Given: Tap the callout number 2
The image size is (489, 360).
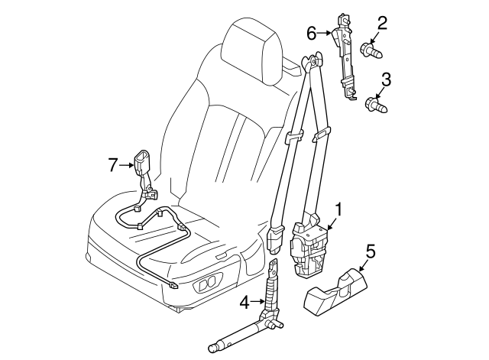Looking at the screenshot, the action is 382,24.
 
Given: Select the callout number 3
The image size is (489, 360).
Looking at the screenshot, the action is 386,79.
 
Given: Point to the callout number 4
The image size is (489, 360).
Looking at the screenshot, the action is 244,302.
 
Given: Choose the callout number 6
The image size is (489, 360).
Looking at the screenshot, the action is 312,33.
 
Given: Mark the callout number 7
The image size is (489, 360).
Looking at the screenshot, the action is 113,165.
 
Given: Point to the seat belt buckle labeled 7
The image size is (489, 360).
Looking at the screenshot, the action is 144,177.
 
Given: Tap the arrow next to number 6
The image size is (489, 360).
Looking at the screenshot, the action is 324,32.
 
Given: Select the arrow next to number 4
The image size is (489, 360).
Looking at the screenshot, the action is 257,301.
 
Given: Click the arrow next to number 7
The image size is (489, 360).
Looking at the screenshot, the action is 126,165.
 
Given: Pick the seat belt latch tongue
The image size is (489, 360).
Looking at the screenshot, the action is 274,239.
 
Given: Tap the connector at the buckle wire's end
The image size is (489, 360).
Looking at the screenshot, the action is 173,285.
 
